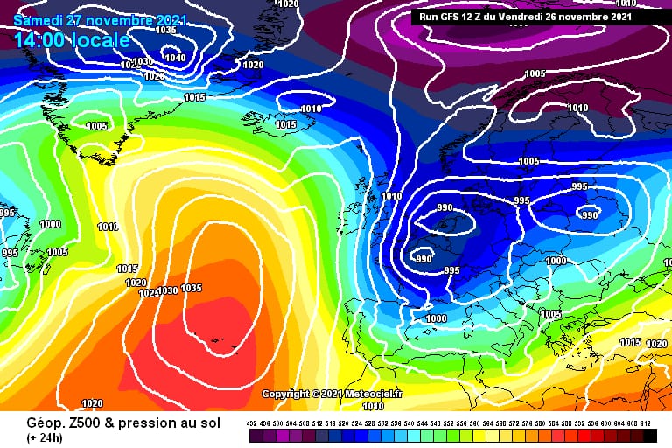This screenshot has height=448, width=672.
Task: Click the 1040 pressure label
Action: (175, 58)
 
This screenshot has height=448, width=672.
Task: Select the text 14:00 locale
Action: (73, 40)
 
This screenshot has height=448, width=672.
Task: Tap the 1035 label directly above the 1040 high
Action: (164, 30)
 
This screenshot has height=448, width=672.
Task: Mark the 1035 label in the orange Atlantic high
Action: (192, 289)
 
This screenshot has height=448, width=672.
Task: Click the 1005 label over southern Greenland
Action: (97, 126)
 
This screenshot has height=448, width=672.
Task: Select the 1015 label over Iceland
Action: (286, 124)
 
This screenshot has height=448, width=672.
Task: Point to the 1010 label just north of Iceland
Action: (311, 109)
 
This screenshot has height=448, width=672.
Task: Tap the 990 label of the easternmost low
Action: (590, 215)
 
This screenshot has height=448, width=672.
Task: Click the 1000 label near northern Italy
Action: (436, 318)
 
